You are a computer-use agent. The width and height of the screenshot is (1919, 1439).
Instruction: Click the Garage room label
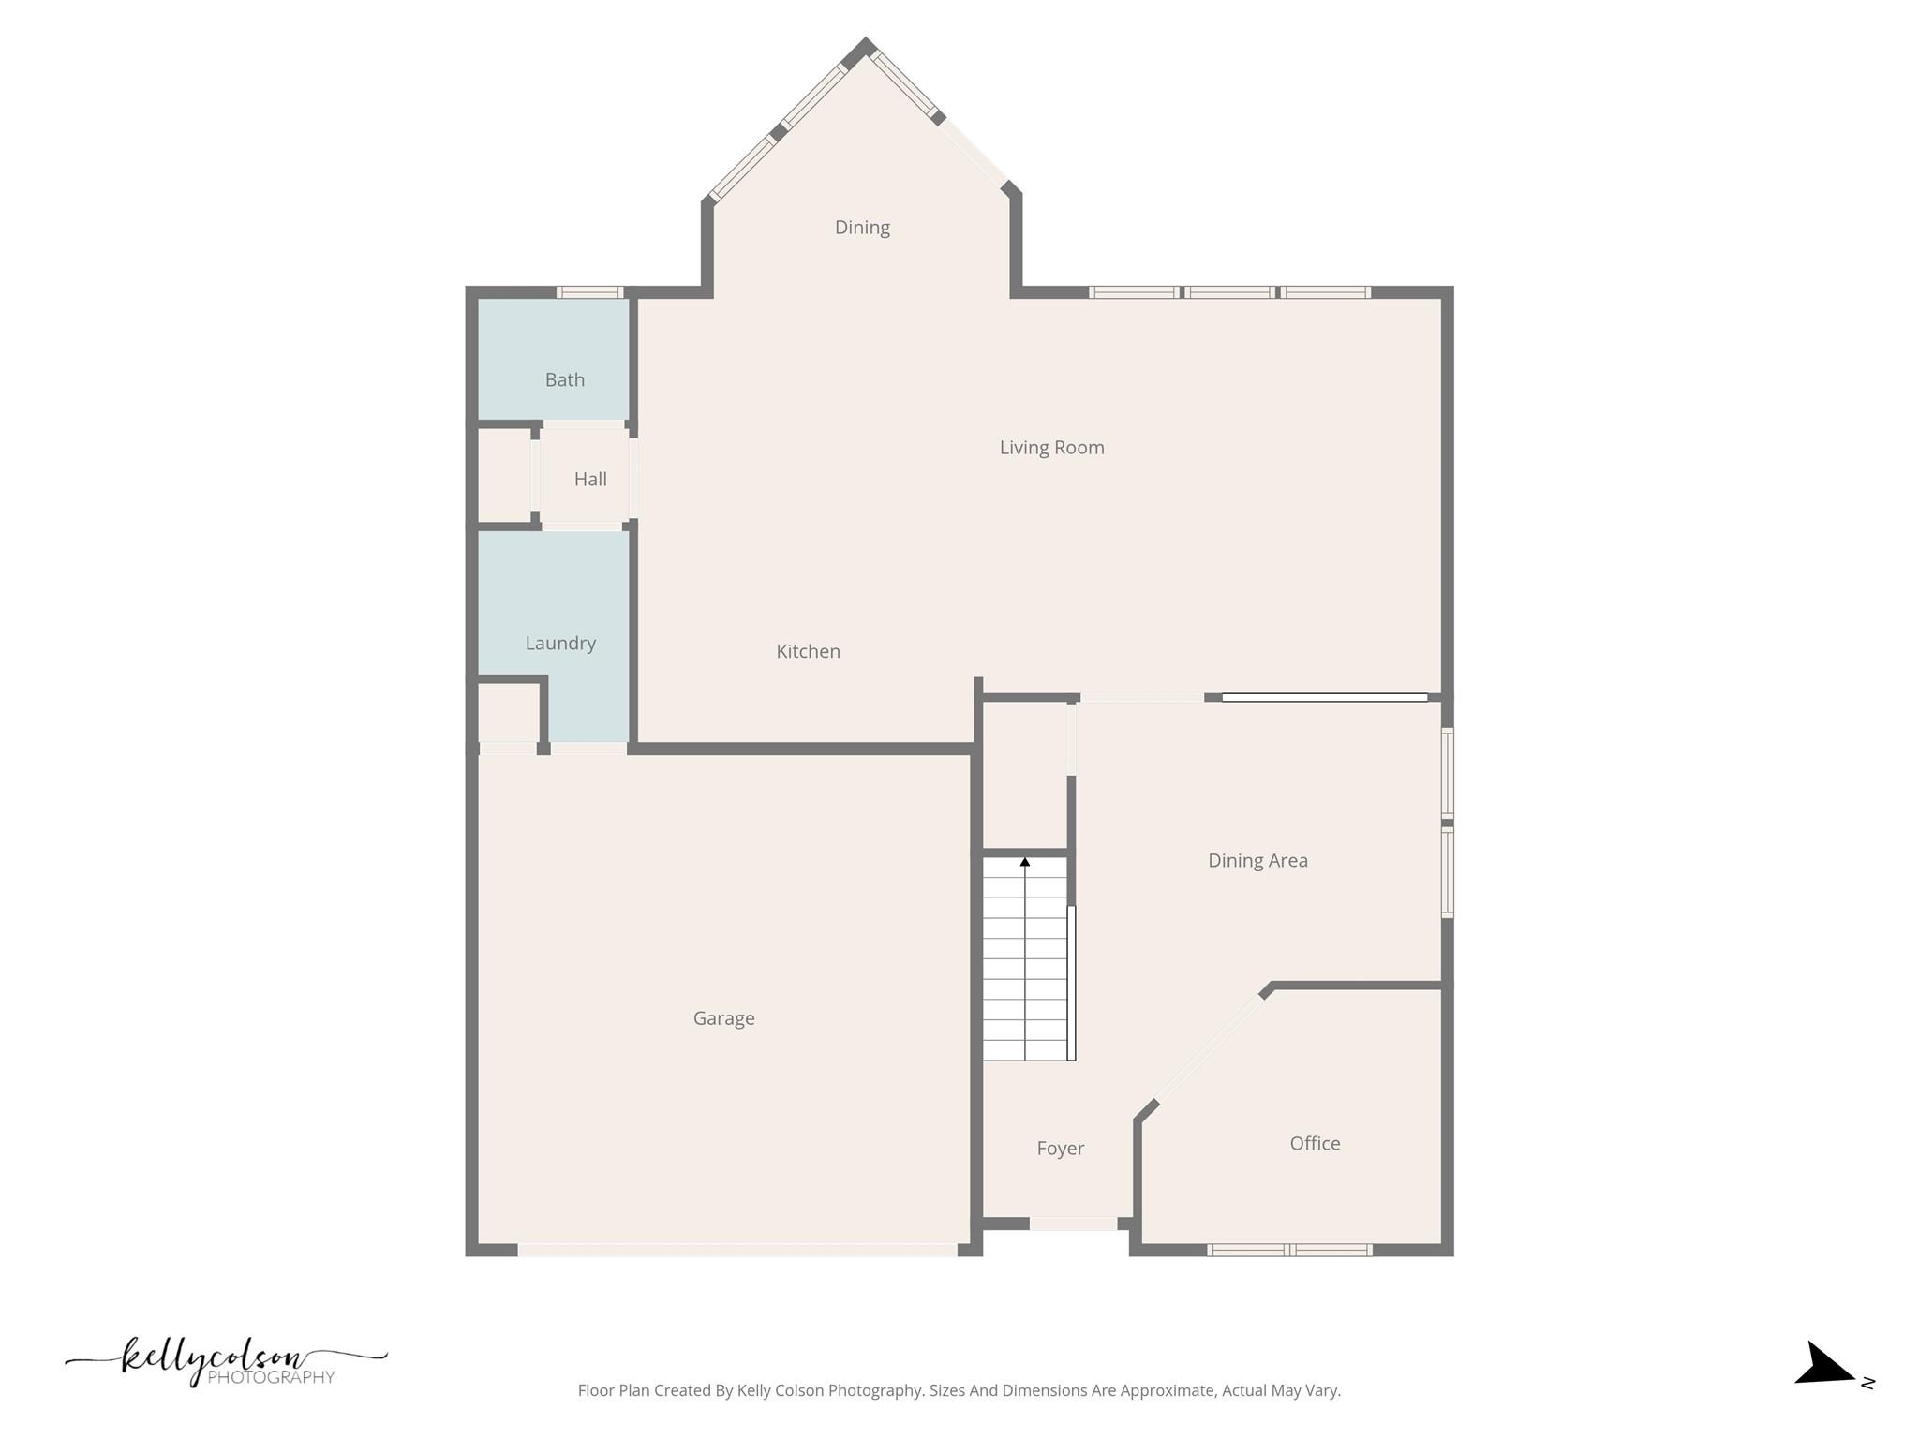click(x=723, y=1018)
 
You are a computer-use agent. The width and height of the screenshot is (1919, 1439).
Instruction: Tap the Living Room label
click(x=1051, y=448)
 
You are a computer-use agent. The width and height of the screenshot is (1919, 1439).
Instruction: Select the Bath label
click(x=564, y=379)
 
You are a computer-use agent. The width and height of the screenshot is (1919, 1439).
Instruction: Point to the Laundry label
click(x=560, y=643)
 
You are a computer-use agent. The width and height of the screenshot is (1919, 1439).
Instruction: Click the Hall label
click(x=590, y=480)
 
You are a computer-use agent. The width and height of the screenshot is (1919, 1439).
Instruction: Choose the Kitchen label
click(x=808, y=651)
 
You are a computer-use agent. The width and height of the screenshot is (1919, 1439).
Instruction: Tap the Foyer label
click(x=1060, y=1149)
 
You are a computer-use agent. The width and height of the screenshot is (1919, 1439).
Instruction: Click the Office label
click(x=1314, y=1144)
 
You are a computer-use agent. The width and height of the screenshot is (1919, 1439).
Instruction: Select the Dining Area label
click(x=1257, y=860)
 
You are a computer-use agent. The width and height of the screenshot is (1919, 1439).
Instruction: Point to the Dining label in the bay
click(x=862, y=228)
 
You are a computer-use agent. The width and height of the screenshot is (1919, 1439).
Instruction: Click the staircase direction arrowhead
click(x=1025, y=862)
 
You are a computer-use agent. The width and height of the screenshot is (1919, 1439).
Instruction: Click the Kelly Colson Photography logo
click(x=226, y=1360)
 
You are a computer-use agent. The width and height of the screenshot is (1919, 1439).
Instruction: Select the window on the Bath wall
click(x=589, y=292)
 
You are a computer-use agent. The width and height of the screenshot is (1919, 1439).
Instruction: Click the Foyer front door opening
click(x=1073, y=1224)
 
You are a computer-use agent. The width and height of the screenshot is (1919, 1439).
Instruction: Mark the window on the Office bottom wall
click(x=1289, y=1250)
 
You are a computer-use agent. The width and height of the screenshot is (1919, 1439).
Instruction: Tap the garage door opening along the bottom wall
click(x=737, y=1250)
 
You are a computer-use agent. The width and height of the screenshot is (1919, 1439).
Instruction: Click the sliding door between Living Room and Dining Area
click(x=1324, y=697)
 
